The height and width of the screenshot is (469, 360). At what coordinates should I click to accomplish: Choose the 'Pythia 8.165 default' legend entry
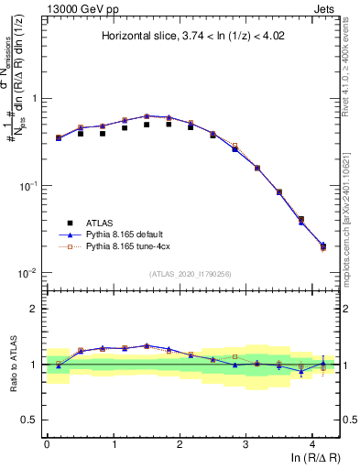tap(127, 234)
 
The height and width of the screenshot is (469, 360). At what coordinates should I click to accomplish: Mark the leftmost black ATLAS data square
tap(59, 138)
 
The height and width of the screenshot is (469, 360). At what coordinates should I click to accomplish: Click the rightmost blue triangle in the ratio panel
tap(322, 363)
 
